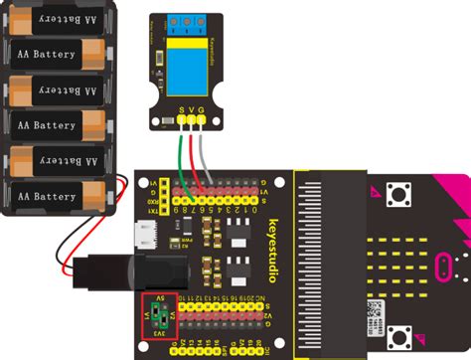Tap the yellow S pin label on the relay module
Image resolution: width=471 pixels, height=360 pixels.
181,107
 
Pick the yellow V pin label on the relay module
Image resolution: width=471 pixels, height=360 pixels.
191,107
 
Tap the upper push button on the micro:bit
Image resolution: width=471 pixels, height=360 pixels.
403,193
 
